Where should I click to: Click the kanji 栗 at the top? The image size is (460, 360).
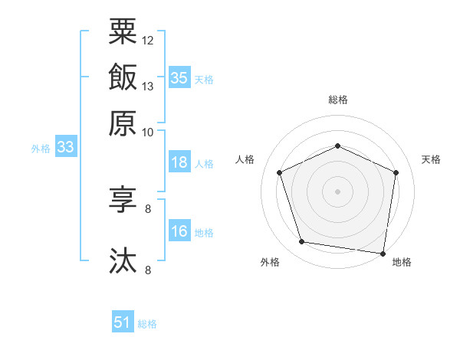tap(123, 31)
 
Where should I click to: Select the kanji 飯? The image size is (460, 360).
tap(123, 77)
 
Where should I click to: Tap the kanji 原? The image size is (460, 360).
tap(123, 123)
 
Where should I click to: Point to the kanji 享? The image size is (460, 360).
tap(123, 199)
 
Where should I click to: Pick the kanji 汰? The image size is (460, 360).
tap(123, 260)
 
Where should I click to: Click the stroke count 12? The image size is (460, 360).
tap(147, 41)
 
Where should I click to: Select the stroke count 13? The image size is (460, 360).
tap(147, 87)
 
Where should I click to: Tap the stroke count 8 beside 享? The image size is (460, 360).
tap(148, 209)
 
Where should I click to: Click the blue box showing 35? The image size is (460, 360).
tap(179, 77)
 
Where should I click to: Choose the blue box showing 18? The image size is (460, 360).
tap(179, 162)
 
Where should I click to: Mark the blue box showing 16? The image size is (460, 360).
tap(179, 230)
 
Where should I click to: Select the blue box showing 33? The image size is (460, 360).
tap(66, 146)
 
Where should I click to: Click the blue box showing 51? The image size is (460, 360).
tap(123, 321)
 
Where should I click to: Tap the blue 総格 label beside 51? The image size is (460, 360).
tap(147, 324)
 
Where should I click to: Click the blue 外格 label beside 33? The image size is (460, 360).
tap(41, 149)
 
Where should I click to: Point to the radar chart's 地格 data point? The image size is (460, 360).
tap(383, 254)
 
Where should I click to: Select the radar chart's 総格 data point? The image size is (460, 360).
tap(337, 146)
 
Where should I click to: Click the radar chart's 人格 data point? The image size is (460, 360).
tap(279, 172)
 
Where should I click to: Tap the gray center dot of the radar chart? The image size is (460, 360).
tap(337, 191)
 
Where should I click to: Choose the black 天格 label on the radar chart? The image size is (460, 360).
tap(431, 159)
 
